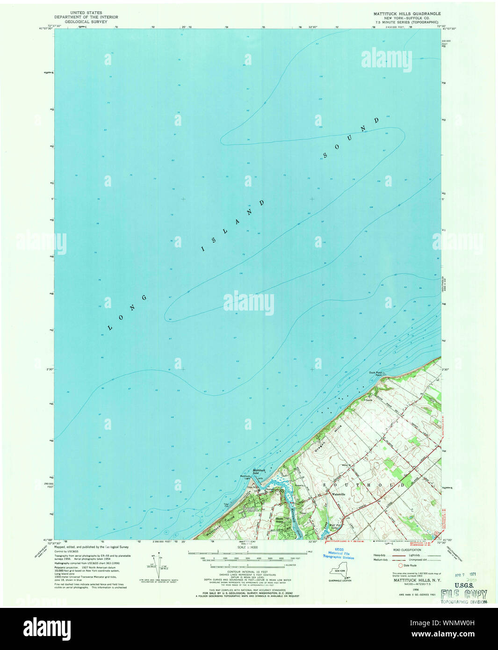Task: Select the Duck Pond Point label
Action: pyautogui.click(x=375, y=374)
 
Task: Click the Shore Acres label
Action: pyautogui.click(x=280, y=519)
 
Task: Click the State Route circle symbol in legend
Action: pyautogui.click(x=400, y=565)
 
